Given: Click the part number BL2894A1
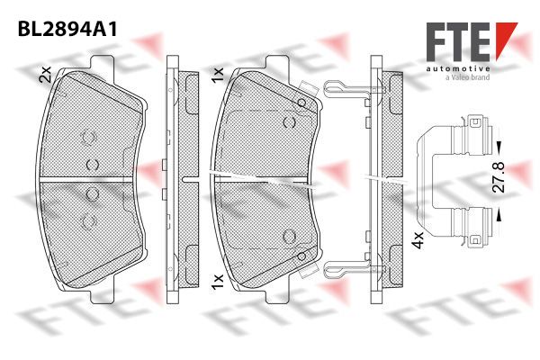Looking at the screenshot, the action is point(67,29).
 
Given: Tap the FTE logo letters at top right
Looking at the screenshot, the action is point(458,42).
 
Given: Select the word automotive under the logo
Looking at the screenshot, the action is point(458,69).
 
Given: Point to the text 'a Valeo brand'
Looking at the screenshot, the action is point(467,77).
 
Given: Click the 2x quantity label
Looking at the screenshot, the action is point(45,74).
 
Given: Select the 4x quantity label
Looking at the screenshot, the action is point(418,239).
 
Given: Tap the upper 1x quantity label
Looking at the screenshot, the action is point(218,75).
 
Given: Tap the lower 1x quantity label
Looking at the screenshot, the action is point(218,282).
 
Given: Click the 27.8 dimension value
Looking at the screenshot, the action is point(498,176).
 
